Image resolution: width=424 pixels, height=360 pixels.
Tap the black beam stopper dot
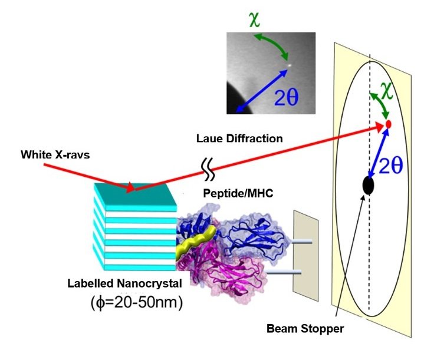pos(369,186)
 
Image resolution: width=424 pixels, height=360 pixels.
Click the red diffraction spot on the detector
pos(389,124)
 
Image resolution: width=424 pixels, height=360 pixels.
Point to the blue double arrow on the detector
pos(378,154)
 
